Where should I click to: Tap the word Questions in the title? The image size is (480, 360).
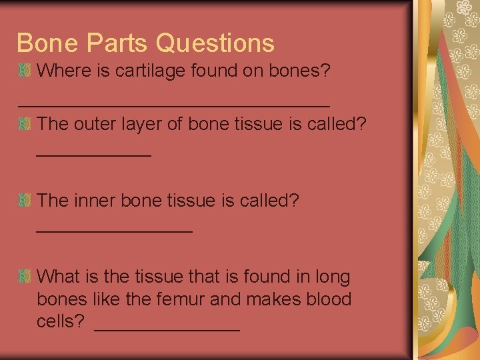tap(215, 43)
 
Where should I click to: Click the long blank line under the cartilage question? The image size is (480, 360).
tap(173, 105)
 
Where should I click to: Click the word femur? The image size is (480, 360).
tap(181, 299)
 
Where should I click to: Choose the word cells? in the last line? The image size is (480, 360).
tap(61, 322)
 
